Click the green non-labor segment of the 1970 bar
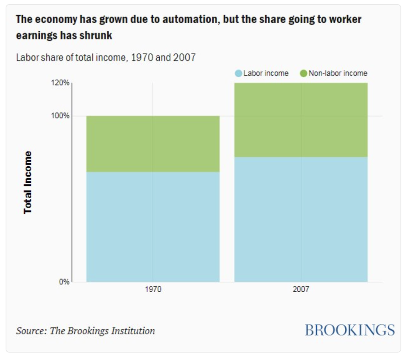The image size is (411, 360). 153,144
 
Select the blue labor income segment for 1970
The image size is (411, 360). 153,227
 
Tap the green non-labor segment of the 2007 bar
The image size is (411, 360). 301,120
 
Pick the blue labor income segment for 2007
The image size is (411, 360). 301,219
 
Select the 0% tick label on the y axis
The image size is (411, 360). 64,282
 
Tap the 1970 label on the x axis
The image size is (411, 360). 153,289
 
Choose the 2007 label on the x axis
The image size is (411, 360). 301,289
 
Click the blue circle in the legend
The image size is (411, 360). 238,74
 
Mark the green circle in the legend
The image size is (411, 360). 303,74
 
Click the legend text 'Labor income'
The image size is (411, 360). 266,74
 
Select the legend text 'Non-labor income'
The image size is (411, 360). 338,74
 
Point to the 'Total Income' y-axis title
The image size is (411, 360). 28,182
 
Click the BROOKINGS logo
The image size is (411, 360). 350,330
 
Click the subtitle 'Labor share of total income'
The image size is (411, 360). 71,57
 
